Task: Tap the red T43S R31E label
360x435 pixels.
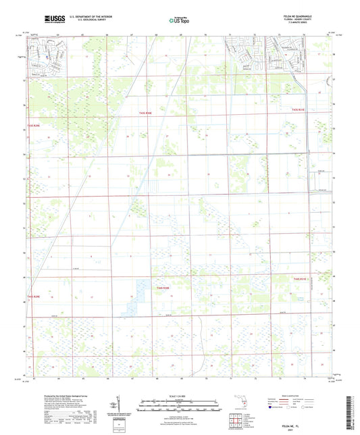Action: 299,109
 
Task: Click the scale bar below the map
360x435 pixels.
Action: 179,407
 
